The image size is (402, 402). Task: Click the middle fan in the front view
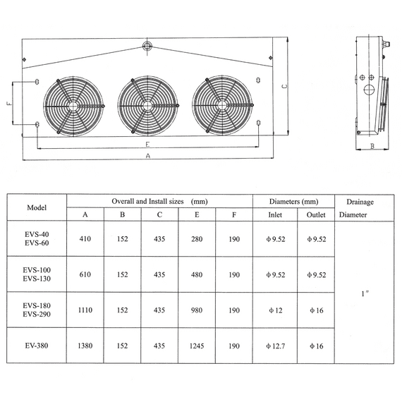pyautogui.click(x=146, y=106)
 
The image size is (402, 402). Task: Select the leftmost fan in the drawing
pyautogui.click(x=74, y=106)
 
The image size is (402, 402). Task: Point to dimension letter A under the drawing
pyautogui.click(x=147, y=155)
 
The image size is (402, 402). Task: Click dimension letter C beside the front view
pyautogui.click(x=283, y=87)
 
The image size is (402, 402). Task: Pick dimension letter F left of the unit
pyautogui.click(x=9, y=103)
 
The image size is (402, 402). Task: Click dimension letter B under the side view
pyautogui.click(x=371, y=147)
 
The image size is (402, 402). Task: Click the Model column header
pyautogui.click(x=37, y=208)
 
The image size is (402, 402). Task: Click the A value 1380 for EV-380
pyautogui.click(x=85, y=346)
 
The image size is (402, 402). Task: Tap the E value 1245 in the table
pyautogui.click(x=197, y=346)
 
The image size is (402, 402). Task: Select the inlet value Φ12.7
pyautogui.click(x=276, y=346)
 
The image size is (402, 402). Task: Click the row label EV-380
pyautogui.click(x=37, y=346)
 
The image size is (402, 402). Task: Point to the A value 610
pyautogui.click(x=85, y=274)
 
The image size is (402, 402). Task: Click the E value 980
pyautogui.click(x=197, y=310)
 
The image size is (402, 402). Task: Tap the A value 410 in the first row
pyautogui.click(x=85, y=239)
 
